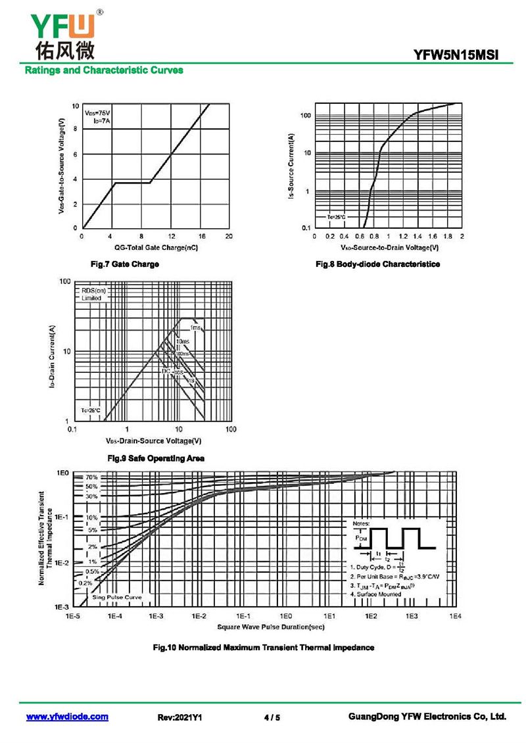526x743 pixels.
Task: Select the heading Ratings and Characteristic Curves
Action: pyautogui.click(x=104, y=70)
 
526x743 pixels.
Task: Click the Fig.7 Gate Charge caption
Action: pyautogui.click(x=124, y=264)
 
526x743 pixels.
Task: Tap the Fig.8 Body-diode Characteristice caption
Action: pyautogui.click(x=377, y=264)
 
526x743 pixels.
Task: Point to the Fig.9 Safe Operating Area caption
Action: pyautogui.click(x=155, y=458)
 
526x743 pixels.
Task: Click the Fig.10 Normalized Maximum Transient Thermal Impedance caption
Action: pyautogui.click(x=263, y=648)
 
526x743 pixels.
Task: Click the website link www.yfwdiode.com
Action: pyautogui.click(x=67, y=717)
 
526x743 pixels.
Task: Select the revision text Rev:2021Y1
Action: pyautogui.click(x=179, y=717)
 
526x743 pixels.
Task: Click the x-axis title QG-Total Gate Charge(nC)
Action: pyautogui.click(x=156, y=248)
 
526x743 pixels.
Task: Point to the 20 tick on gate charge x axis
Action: pyautogui.click(x=229, y=236)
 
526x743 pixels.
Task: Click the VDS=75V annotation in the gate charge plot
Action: pyautogui.click(x=98, y=114)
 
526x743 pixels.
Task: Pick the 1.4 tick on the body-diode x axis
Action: pyautogui.click(x=418, y=236)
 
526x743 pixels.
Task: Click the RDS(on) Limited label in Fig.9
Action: pyautogui.click(x=93, y=294)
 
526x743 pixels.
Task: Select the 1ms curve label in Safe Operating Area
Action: pyautogui.click(x=195, y=327)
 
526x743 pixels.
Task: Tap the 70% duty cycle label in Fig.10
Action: pyautogui.click(x=91, y=477)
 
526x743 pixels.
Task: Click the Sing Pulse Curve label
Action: pyautogui.click(x=116, y=597)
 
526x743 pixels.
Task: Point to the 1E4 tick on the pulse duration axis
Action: pyautogui.click(x=455, y=616)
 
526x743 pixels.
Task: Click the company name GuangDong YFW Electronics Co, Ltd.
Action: pyautogui.click(x=427, y=717)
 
